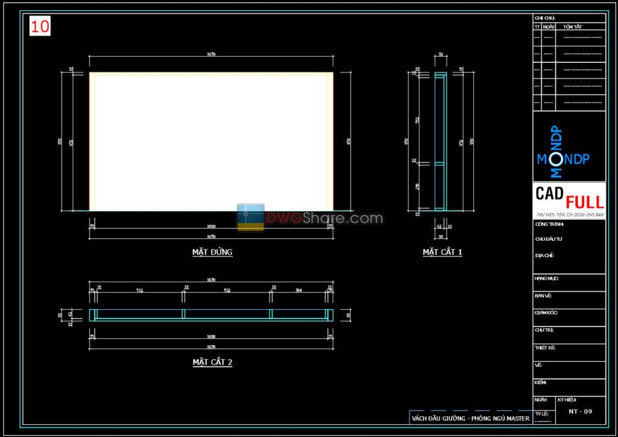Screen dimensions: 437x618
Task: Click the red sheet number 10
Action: [41, 26]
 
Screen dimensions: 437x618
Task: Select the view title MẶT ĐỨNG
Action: [212, 252]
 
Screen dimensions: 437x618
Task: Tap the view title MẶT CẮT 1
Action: [442, 252]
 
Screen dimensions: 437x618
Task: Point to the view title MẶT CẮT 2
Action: [212, 362]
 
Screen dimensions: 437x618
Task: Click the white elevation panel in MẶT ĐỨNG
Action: [211, 142]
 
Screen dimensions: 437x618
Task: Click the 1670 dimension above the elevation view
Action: [211, 54]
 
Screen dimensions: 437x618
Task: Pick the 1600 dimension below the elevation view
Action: [211, 226]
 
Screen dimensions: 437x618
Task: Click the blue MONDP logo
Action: [562, 158]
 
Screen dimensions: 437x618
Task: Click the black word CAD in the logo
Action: [550, 193]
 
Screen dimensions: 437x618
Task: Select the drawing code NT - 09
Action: [581, 412]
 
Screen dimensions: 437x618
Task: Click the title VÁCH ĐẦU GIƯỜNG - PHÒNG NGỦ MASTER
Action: [470, 418]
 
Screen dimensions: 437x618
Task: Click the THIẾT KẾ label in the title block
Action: [544, 348]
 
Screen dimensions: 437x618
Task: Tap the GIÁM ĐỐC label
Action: [546, 313]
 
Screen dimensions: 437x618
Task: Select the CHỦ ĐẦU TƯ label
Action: [548, 239]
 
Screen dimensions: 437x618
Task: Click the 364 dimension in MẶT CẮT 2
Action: [299, 290]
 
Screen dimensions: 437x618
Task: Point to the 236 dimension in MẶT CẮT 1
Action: [416, 187]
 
